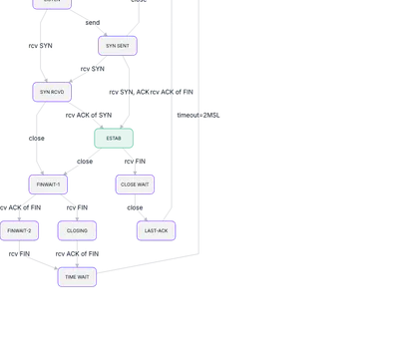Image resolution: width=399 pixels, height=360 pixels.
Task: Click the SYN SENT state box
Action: coord(118,46)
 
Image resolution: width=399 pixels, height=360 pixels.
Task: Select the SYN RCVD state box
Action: coord(51,92)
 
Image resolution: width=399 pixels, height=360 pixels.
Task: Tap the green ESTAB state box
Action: coord(113,138)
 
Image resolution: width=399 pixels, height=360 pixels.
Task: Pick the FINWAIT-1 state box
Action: coord(48,183)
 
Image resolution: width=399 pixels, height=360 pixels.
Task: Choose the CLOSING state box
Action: coord(77,230)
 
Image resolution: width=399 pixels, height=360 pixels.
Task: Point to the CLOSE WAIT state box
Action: coord(134,183)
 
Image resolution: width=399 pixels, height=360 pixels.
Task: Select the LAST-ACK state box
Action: coord(157,230)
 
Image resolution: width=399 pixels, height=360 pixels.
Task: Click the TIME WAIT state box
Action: coord(77,276)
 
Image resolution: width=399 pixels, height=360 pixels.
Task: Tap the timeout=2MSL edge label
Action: coord(199,115)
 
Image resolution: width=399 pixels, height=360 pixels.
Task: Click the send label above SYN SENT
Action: coord(92,21)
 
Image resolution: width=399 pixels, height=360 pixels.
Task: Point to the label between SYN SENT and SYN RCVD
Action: coord(92,69)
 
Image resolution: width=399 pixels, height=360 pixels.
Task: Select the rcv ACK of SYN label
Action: coord(88,115)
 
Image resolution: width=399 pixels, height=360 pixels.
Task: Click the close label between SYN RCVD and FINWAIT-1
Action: coord(36,138)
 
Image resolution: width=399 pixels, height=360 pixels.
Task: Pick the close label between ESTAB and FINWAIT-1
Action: coord(84,161)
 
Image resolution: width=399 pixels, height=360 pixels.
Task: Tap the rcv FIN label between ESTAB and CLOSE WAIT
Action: coord(135,161)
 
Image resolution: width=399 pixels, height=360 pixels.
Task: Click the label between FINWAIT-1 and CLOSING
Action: coord(77,207)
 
